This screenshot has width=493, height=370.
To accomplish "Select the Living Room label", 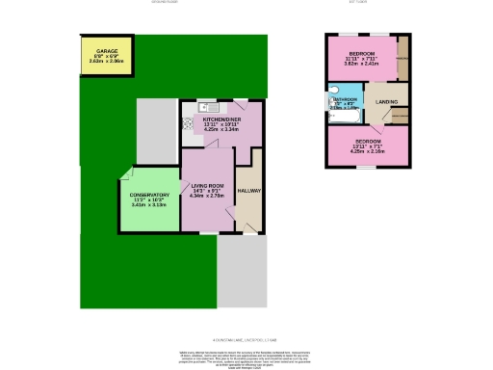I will (207, 185).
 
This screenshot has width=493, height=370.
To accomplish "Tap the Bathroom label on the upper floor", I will (346, 99).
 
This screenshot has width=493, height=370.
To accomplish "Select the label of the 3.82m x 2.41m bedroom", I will (361, 52).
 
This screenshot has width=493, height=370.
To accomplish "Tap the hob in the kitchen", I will (187, 124).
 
